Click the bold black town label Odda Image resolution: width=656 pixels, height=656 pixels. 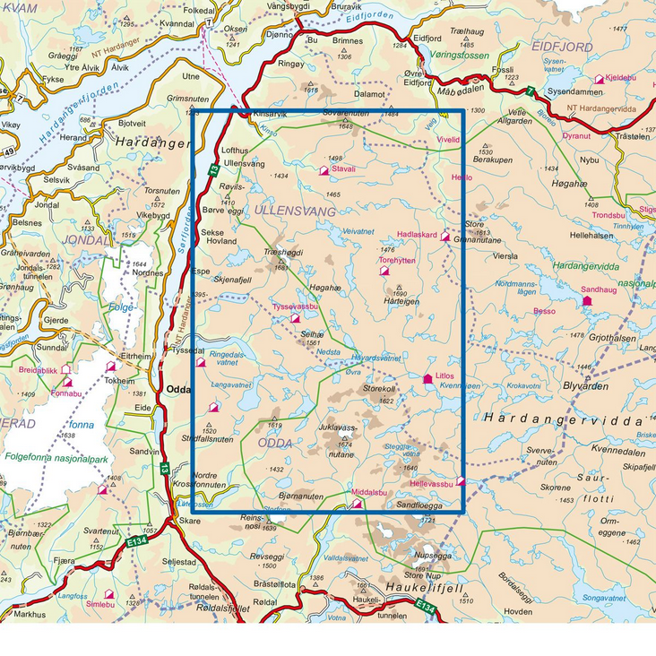click(x=178, y=389)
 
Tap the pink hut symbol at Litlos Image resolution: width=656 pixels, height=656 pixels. click(x=427, y=379)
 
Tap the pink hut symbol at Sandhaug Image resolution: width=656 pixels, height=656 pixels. click(x=587, y=301)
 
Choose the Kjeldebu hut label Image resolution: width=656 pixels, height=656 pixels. click(x=619, y=78)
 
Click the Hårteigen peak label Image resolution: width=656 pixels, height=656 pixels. click(x=401, y=302)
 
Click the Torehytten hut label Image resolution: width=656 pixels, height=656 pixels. click(x=397, y=261)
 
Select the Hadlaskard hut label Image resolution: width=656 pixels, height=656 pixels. click(x=416, y=235)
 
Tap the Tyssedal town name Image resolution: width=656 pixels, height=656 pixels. click(x=185, y=350)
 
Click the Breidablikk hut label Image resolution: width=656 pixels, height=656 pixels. click(x=37, y=369)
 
